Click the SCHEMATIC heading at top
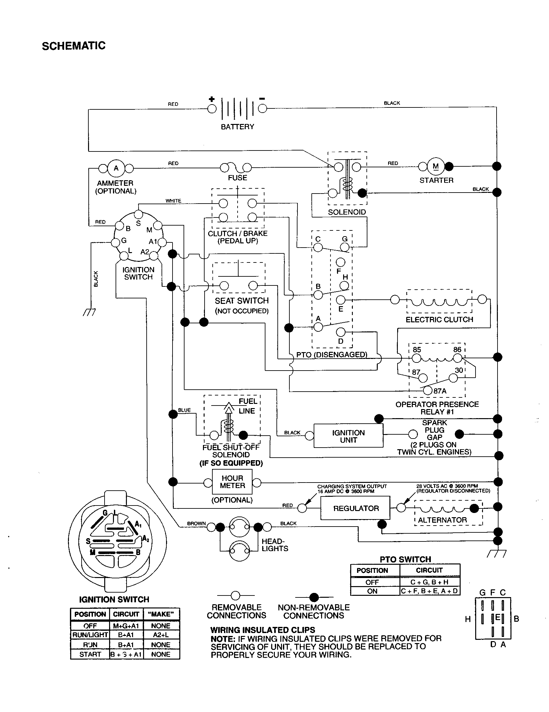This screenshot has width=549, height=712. pyautogui.click(x=74, y=46)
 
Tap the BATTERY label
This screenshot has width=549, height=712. pyautogui.click(x=237, y=127)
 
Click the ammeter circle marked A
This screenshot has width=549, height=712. pyautogui.click(x=116, y=168)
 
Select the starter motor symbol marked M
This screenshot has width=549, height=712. pyautogui.click(x=436, y=166)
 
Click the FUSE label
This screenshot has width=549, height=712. pyautogui.click(x=237, y=178)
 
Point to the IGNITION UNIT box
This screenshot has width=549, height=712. pyautogui.click(x=348, y=436)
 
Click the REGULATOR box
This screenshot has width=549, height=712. pyautogui.click(x=355, y=508)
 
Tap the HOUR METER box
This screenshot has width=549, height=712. pyautogui.click(x=232, y=482)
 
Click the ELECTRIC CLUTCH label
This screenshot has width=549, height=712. pyautogui.click(x=439, y=319)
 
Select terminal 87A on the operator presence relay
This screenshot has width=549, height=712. pyautogui.click(x=428, y=391)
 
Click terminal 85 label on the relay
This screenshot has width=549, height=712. pyautogui.click(x=417, y=350)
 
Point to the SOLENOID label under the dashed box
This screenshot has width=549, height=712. pyautogui.click(x=347, y=212)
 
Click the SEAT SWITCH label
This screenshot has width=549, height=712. pyautogui.click(x=241, y=301)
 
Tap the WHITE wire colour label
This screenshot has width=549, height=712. pyautogui.click(x=173, y=201)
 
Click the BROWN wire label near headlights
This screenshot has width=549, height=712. pyautogui.click(x=196, y=523)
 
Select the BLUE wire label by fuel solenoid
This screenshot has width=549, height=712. pyautogui.click(x=184, y=410)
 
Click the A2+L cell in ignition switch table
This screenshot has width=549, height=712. pyautogui.click(x=161, y=635)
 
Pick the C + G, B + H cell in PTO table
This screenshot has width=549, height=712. pyautogui.click(x=429, y=582)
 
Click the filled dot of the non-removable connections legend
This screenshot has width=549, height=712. pyautogui.click(x=314, y=597)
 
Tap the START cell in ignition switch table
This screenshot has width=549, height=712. pyautogui.click(x=90, y=654)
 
